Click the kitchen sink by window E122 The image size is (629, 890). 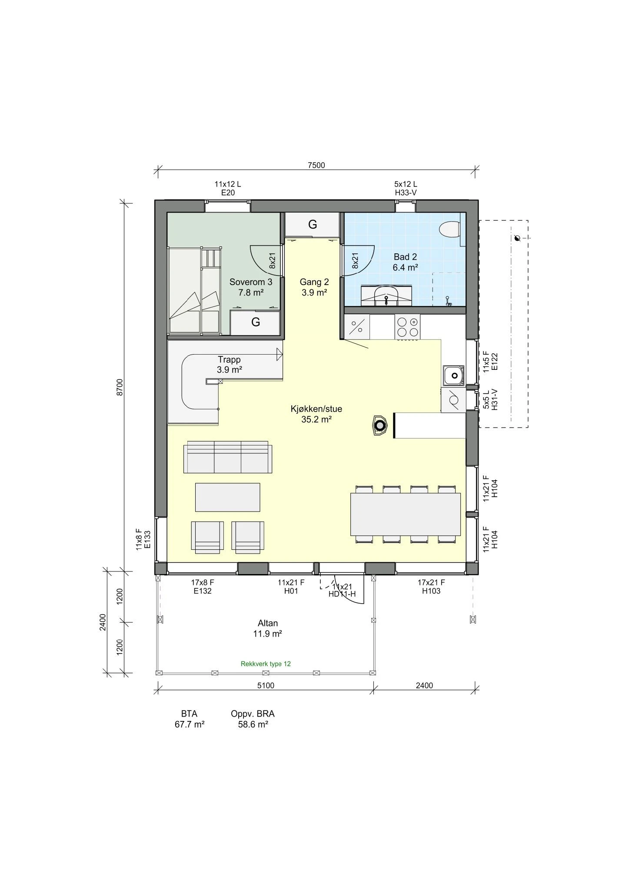point(454,375)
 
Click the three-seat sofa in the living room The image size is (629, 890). point(228,457)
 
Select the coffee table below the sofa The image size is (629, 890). point(227,497)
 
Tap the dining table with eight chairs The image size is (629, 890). point(405,514)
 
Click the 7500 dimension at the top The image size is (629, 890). point(316,165)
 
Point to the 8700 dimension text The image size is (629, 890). point(120,387)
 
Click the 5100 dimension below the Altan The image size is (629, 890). point(266,685)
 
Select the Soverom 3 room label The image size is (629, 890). point(251,287)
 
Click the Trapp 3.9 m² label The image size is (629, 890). point(229,365)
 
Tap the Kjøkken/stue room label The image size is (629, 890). point(316,414)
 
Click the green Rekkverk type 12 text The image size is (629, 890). point(266,664)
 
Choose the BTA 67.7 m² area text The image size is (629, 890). point(190,719)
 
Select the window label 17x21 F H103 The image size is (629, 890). point(431,586)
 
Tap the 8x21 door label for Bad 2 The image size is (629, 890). point(355,261)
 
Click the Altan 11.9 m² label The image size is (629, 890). point(267,628)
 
